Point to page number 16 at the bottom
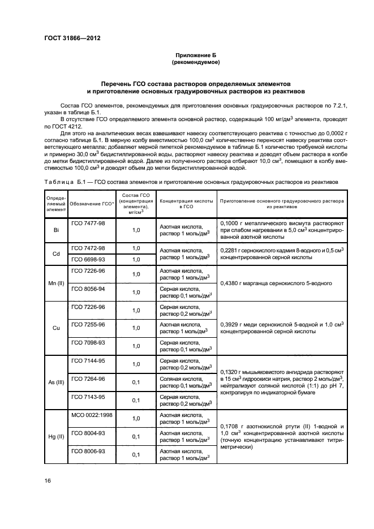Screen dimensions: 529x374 click(x=48, y=481)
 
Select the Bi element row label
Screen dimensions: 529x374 click(x=56, y=231)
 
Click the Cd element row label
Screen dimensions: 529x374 click(x=56, y=254)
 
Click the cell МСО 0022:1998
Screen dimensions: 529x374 click(x=92, y=415)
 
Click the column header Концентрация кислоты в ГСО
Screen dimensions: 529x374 click(x=187, y=204)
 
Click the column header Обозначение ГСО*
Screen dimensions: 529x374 click(x=92, y=204)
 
